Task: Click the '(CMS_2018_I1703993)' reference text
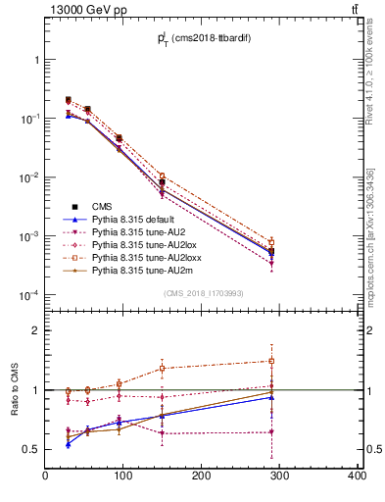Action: [202, 294]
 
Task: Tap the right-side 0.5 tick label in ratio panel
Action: [373, 449]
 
